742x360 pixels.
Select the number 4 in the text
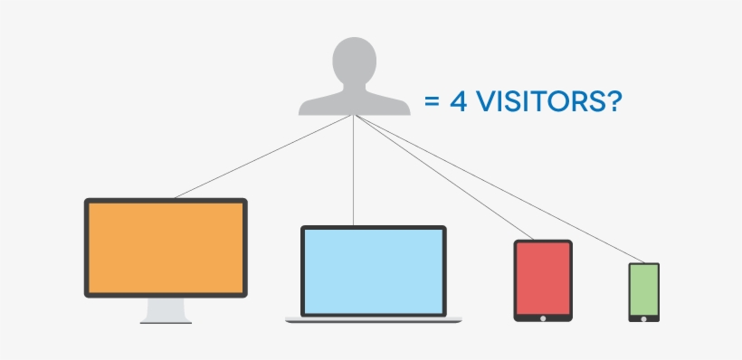458,101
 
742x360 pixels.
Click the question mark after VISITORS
611,101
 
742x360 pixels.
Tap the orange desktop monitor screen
166,247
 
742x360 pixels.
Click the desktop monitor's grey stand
166,310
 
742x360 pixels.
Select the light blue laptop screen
373,270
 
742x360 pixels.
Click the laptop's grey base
373,319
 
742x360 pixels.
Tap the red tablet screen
543,278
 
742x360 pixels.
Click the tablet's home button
543,317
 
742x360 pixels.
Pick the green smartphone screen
643,289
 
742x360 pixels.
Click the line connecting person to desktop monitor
262,156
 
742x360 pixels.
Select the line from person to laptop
354,172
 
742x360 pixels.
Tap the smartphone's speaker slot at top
643,265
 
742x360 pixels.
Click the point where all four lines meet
354,117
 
